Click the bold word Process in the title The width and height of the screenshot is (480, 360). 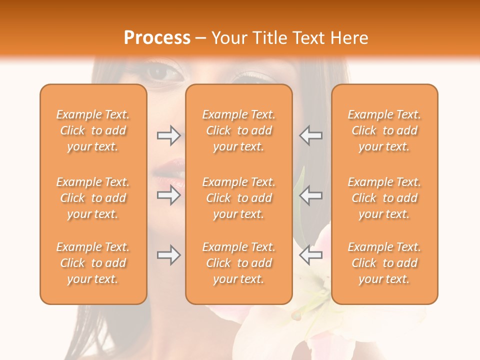pyautogui.click(x=157, y=38)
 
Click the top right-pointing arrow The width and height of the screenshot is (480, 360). pyautogui.click(x=168, y=135)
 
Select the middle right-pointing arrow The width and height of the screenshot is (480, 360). pyautogui.click(x=168, y=194)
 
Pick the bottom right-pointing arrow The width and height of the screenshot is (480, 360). pyautogui.click(x=168, y=255)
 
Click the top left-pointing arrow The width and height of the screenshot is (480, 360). pyautogui.click(x=310, y=135)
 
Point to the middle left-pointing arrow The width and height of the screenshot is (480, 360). pyautogui.click(x=310, y=194)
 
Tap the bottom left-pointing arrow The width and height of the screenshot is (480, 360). pyautogui.click(x=310, y=255)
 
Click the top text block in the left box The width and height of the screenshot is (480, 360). pyautogui.click(x=93, y=130)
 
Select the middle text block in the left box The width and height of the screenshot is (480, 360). pyautogui.click(x=93, y=198)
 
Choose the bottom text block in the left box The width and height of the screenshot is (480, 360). pyautogui.click(x=93, y=263)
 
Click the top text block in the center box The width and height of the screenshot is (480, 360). pyautogui.click(x=239, y=130)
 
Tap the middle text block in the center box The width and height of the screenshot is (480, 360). pyautogui.click(x=239, y=198)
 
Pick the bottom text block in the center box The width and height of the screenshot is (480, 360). pyautogui.click(x=239, y=263)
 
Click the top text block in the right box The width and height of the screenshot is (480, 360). pyautogui.click(x=384, y=130)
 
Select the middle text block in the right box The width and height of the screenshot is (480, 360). pyautogui.click(x=384, y=198)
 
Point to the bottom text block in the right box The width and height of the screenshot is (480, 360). pyautogui.click(x=384, y=263)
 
